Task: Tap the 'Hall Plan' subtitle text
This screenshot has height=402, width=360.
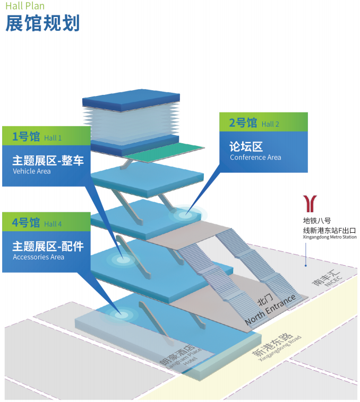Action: (x=25, y=6)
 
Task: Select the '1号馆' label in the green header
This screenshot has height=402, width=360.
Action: (x=26, y=137)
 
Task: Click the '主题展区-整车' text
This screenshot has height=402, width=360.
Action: (x=48, y=160)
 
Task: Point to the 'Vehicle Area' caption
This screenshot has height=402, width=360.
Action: (x=31, y=171)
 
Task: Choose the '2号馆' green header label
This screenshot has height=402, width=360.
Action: (x=243, y=123)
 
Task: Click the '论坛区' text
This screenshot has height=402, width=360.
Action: (x=246, y=146)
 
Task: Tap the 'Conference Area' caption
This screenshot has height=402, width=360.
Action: (x=255, y=158)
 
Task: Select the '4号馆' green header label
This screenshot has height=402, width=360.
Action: (x=26, y=223)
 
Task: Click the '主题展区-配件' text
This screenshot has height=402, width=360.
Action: (x=48, y=246)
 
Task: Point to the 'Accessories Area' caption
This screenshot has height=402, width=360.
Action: (x=38, y=257)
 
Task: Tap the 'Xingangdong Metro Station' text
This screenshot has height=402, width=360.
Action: (x=329, y=237)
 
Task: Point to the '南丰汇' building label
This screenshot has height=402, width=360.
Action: (x=324, y=277)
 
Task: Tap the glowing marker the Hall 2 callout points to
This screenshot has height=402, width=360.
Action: (x=185, y=215)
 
